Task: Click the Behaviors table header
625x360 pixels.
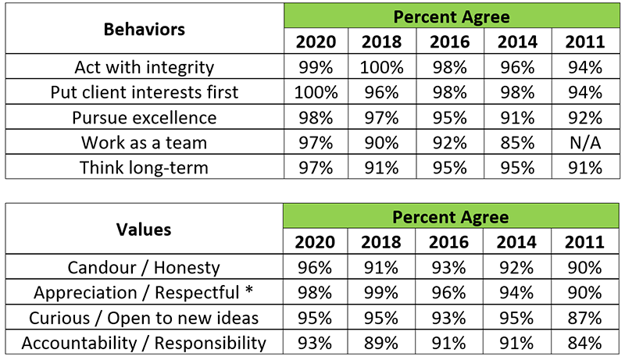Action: (145, 30)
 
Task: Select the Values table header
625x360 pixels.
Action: (145, 230)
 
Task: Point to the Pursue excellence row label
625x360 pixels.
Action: (145, 117)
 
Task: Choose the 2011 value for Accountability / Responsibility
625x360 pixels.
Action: (584, 342)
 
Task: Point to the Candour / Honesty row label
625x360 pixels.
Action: (145, 268)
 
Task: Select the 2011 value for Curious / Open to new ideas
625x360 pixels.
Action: (584, 318)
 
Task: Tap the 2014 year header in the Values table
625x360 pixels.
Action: (516, 243)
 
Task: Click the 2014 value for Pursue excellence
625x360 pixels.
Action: (516, 117)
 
